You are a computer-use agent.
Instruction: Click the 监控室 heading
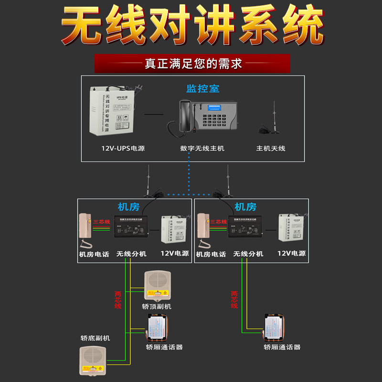point(202,88)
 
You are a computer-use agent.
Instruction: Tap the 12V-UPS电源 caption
point(123,149)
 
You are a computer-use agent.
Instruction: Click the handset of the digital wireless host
point(184,117)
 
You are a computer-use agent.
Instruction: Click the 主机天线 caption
point(270,149)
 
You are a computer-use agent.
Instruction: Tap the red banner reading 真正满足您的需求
point(192,64)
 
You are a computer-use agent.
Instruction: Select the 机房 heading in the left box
point(128,207)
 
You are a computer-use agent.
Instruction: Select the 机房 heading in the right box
point(245,207)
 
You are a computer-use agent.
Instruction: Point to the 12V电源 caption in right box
point(291,254)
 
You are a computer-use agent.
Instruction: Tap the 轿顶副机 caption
point(157,306)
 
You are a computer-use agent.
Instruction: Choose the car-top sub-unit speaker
point(157,285)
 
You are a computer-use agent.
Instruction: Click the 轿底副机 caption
point(95,338)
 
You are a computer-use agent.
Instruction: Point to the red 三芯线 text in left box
point(101,222)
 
